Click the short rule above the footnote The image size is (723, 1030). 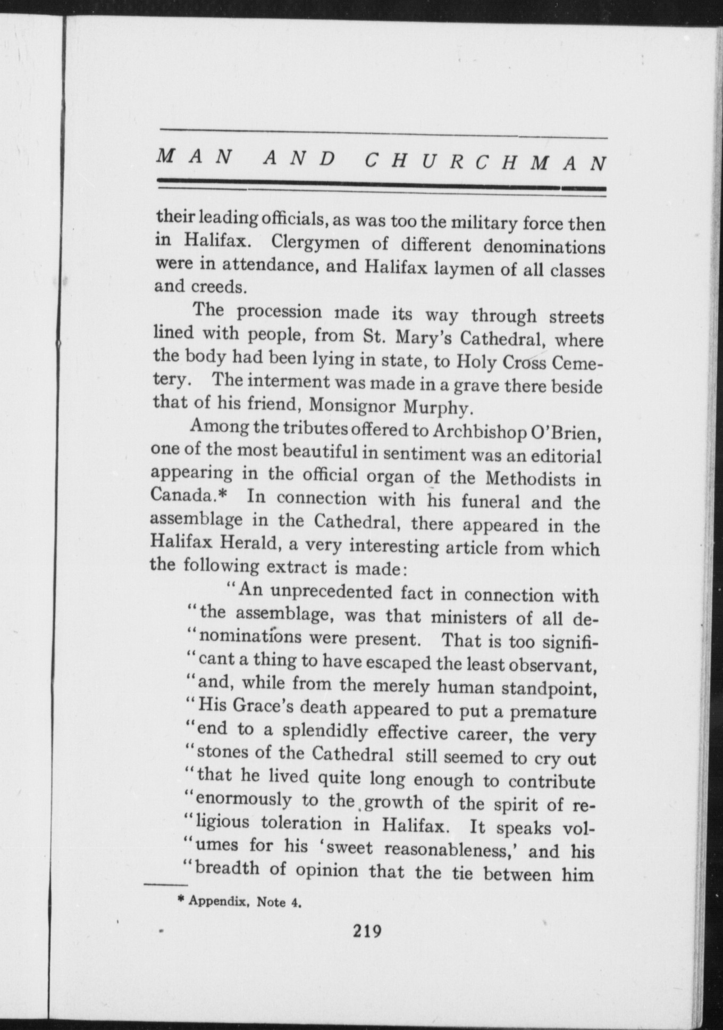point(162,885)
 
